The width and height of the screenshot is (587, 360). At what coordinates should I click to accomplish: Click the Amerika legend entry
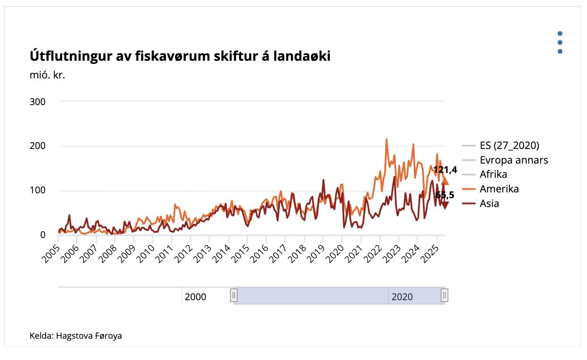[x=499, y=189]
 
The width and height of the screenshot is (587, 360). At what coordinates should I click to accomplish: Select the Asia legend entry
[x=489, y=203]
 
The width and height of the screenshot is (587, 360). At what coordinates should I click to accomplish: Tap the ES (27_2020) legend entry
[x=509, y=145]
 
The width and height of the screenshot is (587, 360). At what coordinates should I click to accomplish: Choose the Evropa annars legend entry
[x=513, y=160]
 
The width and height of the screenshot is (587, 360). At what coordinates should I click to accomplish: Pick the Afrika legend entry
[x=493, y=174]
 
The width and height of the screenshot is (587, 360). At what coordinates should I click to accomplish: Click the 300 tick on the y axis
[x=38, y=102]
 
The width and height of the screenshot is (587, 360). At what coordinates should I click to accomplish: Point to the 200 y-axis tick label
[x=38, y=146]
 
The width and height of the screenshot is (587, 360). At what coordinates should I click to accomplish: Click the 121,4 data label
[x=445, y=170]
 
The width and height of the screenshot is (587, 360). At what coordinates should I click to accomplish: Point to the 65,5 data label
[x=445, y=195]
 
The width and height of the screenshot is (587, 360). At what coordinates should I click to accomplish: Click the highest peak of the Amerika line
[x=386, y=139]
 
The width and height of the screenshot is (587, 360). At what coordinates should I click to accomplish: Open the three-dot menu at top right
[x=560, y=43]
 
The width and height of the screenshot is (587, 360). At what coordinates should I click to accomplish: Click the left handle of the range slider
[x=234, y=295]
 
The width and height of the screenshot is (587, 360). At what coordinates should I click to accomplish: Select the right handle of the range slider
[x=445, y=295]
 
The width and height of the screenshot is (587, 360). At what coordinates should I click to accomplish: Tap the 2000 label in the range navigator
[x=196, y=297]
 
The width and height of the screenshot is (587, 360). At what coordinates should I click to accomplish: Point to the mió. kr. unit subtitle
[x=47, y=75]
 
